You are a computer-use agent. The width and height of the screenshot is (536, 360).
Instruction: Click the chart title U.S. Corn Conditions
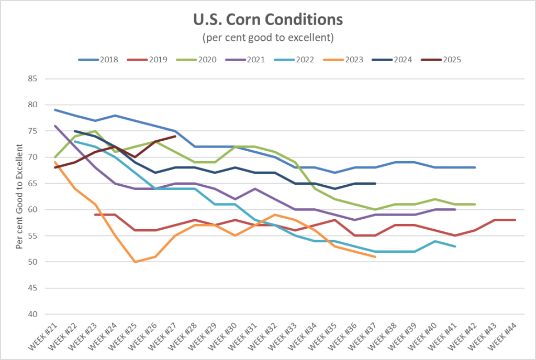[267, 20]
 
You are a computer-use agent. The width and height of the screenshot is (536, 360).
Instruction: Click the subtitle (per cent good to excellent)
[267, 38]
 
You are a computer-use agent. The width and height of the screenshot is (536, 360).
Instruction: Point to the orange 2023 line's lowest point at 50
[135, 262]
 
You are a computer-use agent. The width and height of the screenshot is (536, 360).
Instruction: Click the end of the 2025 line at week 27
[175, 136]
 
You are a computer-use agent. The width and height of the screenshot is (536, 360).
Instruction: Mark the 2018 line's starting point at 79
[55, 110]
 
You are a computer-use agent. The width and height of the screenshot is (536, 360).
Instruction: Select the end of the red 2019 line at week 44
[515, 220]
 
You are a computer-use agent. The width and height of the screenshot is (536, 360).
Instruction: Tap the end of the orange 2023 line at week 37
[375, 256]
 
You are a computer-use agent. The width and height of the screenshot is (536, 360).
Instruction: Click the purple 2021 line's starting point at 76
[55, 126]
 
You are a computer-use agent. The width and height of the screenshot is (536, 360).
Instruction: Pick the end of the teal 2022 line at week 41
[455, 246]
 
